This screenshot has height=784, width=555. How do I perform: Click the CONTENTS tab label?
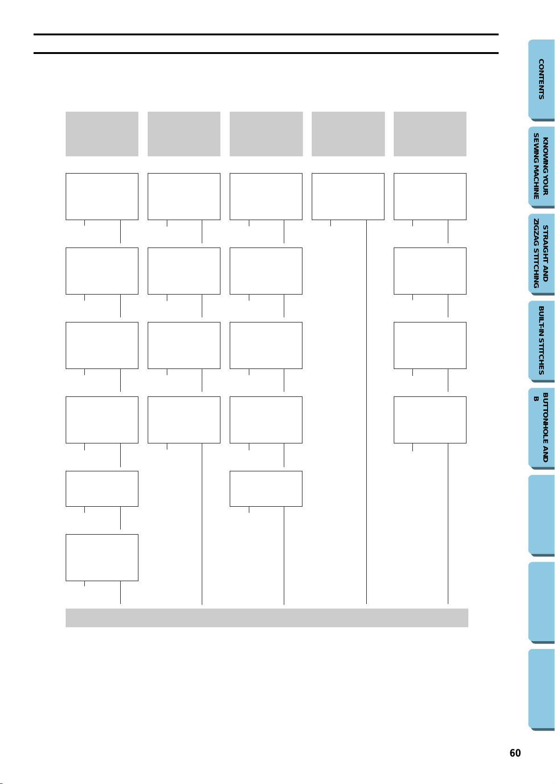coord(541,79)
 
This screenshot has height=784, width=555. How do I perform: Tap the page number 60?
coord(515,753)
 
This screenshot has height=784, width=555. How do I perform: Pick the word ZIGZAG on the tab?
coord(536,232)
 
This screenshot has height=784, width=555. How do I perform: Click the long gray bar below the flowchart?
coord(267,618)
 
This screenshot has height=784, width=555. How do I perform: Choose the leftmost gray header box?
coord(102,134)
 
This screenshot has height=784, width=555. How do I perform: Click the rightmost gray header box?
coord(430,134)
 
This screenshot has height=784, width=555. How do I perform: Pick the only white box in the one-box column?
coord(348,196)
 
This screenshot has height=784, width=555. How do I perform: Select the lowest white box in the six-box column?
coord(102,557)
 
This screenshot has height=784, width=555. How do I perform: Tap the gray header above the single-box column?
coord(348,134)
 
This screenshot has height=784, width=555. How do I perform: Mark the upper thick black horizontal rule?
coord(266,34)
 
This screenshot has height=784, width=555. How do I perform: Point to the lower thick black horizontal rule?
coord(266,53)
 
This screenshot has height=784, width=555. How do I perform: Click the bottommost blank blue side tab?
coord(541,690)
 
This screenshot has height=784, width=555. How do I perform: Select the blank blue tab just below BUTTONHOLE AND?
coord(541,516)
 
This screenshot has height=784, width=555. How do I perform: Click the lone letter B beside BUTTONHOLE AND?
coord(536,399)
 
